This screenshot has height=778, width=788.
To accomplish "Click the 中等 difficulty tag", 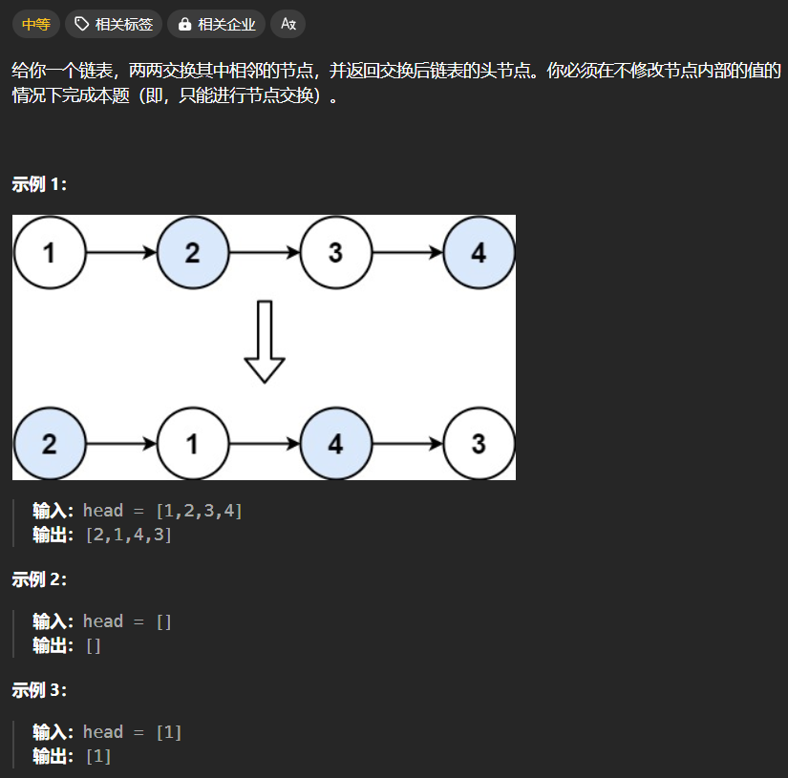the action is (x=35, y=24).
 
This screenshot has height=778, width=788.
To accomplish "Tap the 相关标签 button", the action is (x=114, y=24).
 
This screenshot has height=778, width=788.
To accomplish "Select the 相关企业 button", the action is (x=217, y=24).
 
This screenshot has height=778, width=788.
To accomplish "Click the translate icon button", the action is (x=288, y=24).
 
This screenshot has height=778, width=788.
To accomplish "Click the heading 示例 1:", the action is (x=39, y=184).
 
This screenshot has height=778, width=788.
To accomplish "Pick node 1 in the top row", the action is (x=49, y=253).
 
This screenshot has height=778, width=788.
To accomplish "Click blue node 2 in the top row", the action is (x=192, y=253).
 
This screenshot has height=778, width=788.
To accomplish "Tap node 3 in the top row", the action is (x=335, y=253).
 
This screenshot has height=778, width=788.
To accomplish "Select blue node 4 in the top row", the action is (x=479, y=253).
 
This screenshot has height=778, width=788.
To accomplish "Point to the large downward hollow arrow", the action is (x=265, y=342).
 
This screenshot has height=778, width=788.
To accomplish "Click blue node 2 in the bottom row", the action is (x=49, y=444).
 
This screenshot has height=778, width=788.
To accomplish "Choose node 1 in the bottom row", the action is (x=192, y=444).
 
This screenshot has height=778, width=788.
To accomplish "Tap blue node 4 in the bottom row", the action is (x=335, y=444).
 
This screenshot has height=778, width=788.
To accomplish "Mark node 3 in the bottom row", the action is (x=479, y=444).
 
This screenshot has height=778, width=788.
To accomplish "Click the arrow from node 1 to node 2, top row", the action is (x=120, y=253).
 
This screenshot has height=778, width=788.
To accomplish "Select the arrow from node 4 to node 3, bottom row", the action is (x=407, y=444).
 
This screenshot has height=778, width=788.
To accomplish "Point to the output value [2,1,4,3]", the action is (x=129, y=535).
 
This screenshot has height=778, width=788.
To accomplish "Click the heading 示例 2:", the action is (x=39, y=579).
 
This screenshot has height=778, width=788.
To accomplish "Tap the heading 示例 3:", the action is (x=39, y=690).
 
